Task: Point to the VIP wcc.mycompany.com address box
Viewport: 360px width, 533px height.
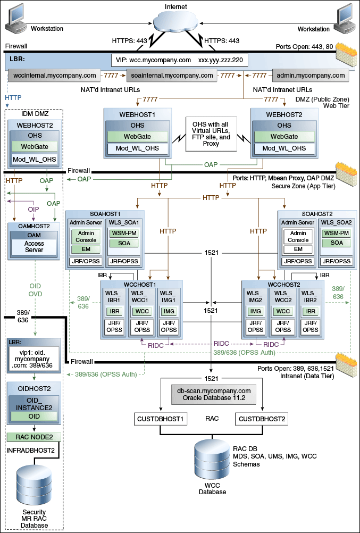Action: [x=179, y=60]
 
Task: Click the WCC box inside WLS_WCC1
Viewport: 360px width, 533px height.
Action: [x=143, y=311]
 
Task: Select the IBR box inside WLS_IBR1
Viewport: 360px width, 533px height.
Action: [x=115, y=311]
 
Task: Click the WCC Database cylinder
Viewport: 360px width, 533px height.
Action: [x=211, y=461]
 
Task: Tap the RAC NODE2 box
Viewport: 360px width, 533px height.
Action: [x=34, y=437]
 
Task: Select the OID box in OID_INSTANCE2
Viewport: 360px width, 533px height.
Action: [x=34, y=415]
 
